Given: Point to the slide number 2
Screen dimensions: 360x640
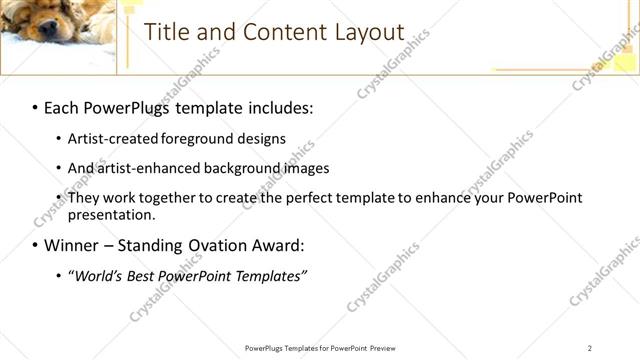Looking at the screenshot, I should coord(591,348).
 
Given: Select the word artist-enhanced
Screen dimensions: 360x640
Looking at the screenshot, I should coord(149,168).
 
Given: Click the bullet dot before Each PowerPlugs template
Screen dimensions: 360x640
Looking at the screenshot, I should coord(34,107).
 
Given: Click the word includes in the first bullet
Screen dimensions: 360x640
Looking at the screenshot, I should coord(279,106).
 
